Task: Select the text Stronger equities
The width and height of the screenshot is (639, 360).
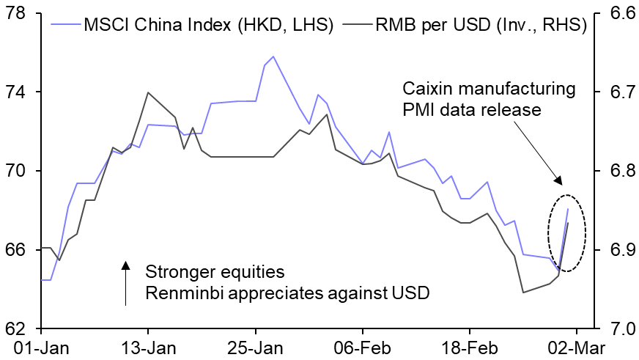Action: tap(215, 272)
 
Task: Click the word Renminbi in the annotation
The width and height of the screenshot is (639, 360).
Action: tap(180, 293)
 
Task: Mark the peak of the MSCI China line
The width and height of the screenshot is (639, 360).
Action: tap(273, 56)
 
